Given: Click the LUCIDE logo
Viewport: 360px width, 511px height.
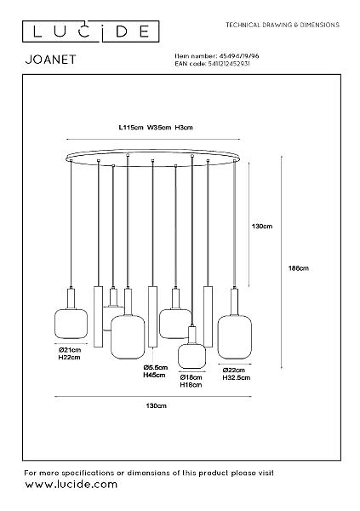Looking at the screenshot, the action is pos(90,32).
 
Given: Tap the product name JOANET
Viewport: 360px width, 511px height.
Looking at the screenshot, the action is pos(50,60).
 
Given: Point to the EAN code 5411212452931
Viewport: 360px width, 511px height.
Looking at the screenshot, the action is pos(229,64).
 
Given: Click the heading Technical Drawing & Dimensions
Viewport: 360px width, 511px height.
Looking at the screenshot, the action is pos(283,25).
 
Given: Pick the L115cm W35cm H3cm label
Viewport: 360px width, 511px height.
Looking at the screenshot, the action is pos(156,127).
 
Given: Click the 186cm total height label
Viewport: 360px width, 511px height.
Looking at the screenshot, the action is pos(299,268).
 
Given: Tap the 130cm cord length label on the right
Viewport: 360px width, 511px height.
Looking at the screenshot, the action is pos(262,226).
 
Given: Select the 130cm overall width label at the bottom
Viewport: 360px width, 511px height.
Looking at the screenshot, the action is pos(156,405).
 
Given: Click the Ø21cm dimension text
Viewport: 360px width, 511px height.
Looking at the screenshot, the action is pos(70,350).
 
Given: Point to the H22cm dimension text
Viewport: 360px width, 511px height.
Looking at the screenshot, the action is pos(69,357).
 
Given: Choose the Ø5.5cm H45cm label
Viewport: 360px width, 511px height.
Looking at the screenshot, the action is pos(156,371).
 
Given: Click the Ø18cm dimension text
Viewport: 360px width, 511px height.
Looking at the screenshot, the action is pos(191,377).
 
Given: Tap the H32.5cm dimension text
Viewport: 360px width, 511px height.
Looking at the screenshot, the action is pos(237,377).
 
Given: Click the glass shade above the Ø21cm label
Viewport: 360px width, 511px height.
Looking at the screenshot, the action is pos(71,324).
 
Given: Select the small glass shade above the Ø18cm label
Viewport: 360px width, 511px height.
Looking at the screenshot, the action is pos(191,356).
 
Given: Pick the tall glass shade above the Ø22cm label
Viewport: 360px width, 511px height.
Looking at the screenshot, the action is pos(235,336).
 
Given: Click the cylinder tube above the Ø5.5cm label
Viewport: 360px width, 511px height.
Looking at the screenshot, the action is pos(152,317).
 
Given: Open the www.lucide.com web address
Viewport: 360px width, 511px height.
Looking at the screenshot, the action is pos(71,484).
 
